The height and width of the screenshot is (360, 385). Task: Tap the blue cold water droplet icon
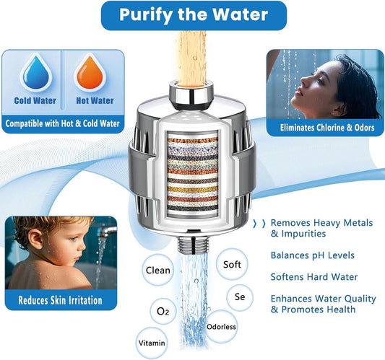[x=35, y=73]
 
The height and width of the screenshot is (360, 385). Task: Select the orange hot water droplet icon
[x=95, y=73]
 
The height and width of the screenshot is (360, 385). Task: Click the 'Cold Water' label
[x=35, y=101]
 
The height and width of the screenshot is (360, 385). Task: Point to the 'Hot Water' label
[x=95, y=101]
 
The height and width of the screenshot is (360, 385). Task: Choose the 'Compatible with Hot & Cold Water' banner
[x=62, y=123]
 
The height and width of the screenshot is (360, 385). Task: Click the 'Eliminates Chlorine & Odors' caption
[x=326, y=128]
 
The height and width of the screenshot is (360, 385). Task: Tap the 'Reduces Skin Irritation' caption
[x=60, y=299]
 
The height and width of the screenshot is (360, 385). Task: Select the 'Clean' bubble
[x=158, y=271]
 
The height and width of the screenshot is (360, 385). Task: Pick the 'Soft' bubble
[x=232, y=265]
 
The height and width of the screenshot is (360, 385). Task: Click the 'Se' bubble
[x=241, y=297]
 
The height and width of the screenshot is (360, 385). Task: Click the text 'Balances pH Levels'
[x=313, y=255]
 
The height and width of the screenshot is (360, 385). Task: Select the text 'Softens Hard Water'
[x=313, y=277]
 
